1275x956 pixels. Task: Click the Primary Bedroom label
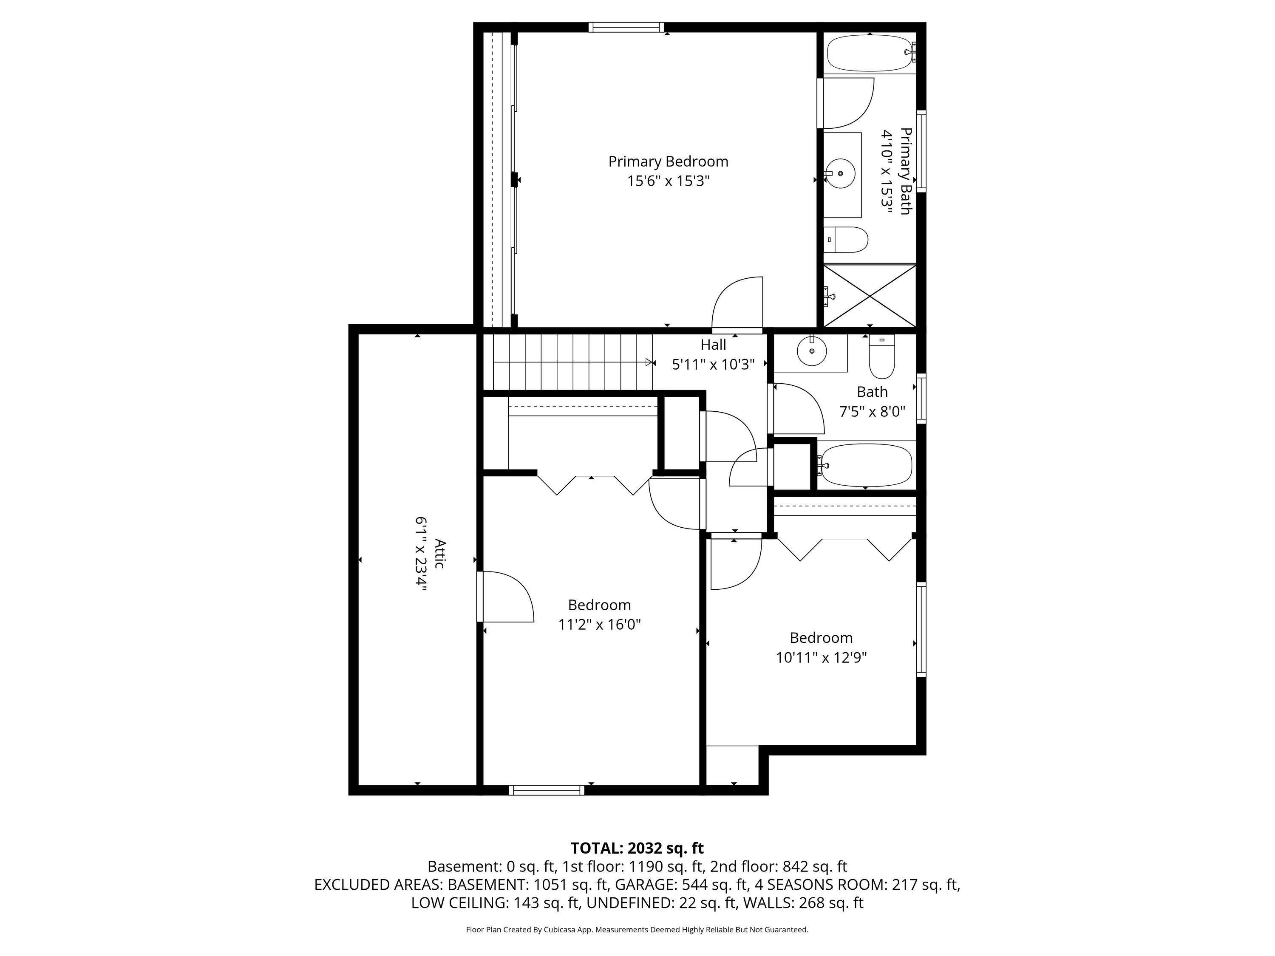click(668, 161)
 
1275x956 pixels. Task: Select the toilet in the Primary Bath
click(846, 240)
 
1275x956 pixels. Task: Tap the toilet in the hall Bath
click(881, 357)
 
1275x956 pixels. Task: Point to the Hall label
click(713, 345)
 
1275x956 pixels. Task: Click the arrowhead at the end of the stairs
click(651, 362)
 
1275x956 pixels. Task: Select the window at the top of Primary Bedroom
click(626, 27)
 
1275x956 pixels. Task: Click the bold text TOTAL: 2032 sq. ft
click(637, 848)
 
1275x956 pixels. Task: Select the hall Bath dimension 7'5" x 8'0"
click(872, 411)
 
